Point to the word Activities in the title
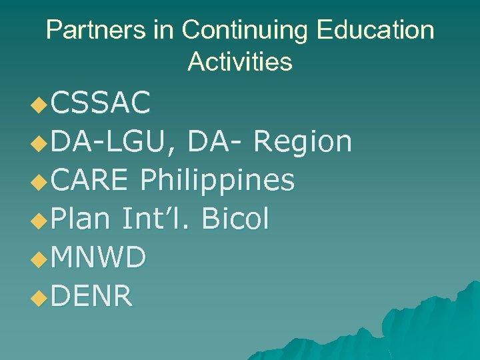pyautogui.click(x=240, y=62)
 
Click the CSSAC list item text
pyautogui.click(x=100, y=104)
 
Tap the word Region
pyautogui.click(x=303, y=142)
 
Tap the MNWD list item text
pyautogui.click(x=98, y=257)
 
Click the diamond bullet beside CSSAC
pyautogui.click(x=40, y=105)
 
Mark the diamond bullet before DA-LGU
pyautogui.click(x=40, y=143)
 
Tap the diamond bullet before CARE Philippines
pyautogui.click(x=40, y=181)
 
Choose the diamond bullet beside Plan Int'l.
pyautogui.click(x=40, y=220)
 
